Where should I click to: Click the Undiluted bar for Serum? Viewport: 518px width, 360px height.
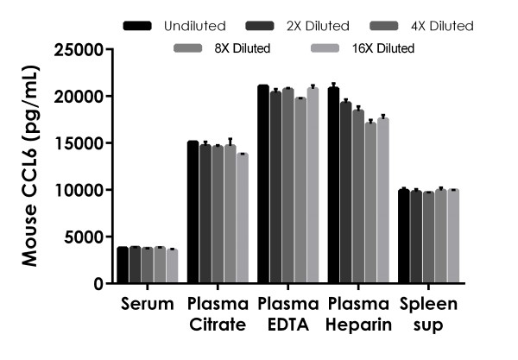click(123, 265)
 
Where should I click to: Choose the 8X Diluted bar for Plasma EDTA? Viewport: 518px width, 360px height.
click(300, 190)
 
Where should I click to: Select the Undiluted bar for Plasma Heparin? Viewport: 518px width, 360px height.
click(333, 186)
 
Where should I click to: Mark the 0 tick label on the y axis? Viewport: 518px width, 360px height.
click(98, 283)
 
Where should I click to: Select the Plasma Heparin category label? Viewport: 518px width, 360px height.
click(359, 313)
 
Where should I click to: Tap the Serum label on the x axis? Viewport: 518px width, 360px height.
click(148, 304)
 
